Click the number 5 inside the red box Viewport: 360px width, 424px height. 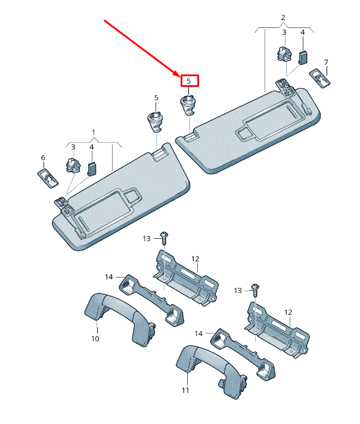(189, 81)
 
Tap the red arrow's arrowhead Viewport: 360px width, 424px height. (176, 73)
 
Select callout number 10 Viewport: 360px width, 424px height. (95, 339)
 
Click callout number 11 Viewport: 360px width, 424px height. (185, 390)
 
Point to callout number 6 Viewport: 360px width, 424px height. (43, 158)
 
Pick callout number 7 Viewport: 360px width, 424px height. (326, 63)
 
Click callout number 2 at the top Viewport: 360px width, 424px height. (283, 18)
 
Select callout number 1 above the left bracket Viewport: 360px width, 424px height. (94, 132)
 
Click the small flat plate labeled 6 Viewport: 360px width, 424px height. (48, 178)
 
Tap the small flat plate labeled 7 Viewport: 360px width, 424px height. (320, 78)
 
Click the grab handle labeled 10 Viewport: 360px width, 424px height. (120, 319)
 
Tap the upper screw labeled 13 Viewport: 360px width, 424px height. (164, 238)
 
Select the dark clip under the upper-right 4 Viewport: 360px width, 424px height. (303, 58)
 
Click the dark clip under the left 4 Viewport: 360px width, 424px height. (92, 169)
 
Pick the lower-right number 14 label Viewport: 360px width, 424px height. (198, 333)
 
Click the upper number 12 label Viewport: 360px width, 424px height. (195, 259)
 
